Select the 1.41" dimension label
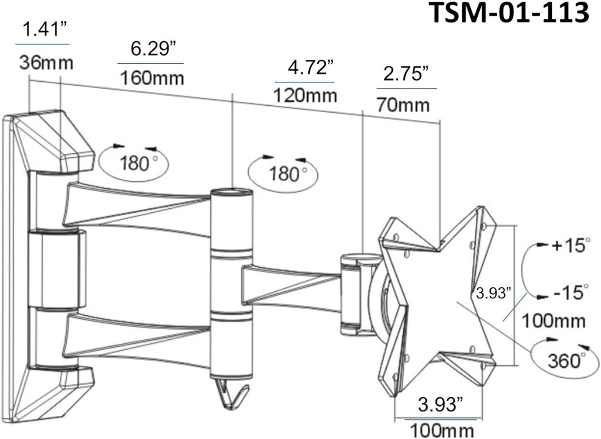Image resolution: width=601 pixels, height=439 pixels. pos(44,30)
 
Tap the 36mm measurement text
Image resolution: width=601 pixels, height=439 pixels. pos(46,63)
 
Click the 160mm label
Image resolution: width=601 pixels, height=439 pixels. pos(152,77)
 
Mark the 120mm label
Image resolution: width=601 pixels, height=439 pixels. pos(305,96)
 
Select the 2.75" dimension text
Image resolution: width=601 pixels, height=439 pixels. pos(406,74)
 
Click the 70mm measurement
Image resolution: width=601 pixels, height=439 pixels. pos(403,105)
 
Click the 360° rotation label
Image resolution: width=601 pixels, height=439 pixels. pos(564,361)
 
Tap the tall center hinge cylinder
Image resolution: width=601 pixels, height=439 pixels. pos(232,280)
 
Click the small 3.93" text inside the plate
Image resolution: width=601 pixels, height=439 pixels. pos(493,293)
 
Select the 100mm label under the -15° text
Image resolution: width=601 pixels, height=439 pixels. pos(553,321)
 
